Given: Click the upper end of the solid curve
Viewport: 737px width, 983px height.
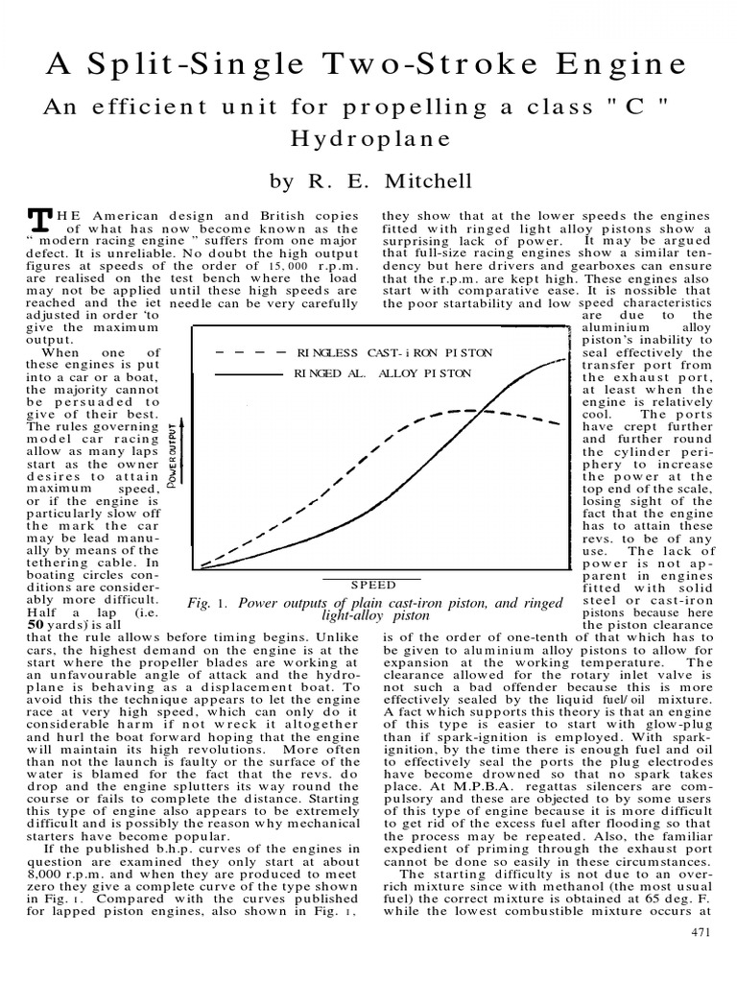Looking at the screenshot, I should click(x=562, y=360).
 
